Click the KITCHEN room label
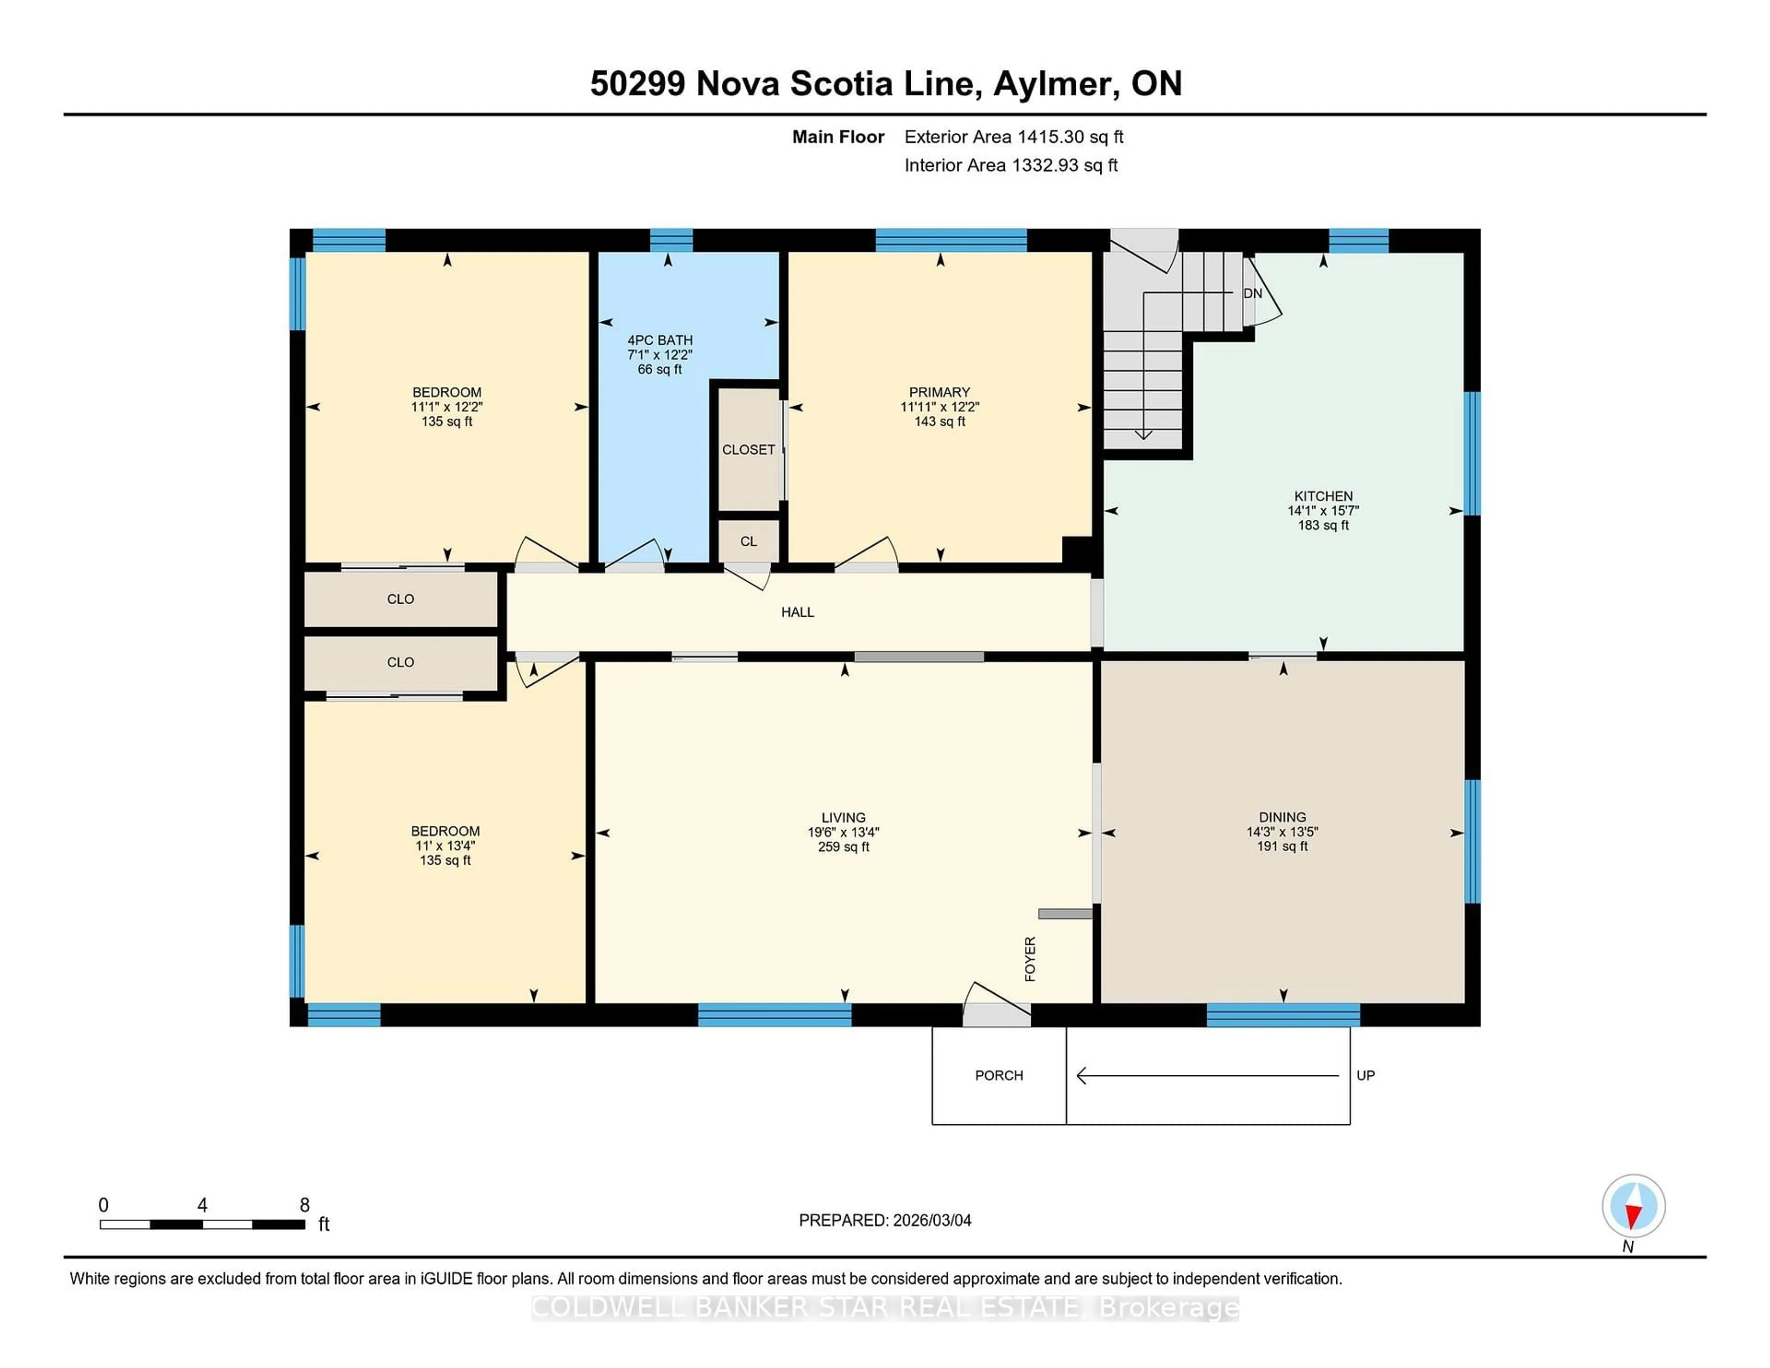click(x=1322, y=496)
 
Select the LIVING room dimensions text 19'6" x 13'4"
click(x=843, y=832)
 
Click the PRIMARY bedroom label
click(x=939, y=392)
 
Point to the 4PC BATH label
click(x=660, y=340)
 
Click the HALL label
click(x=797, y=613)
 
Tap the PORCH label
click(x=998, y=1075)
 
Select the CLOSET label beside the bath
click(x=748, y=450)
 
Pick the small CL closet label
click(x=748, y=542)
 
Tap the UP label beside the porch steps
click(x=1366, y=1075)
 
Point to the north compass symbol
click(x=1633, y=1206)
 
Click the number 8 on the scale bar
click(x=305, y=1205)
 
